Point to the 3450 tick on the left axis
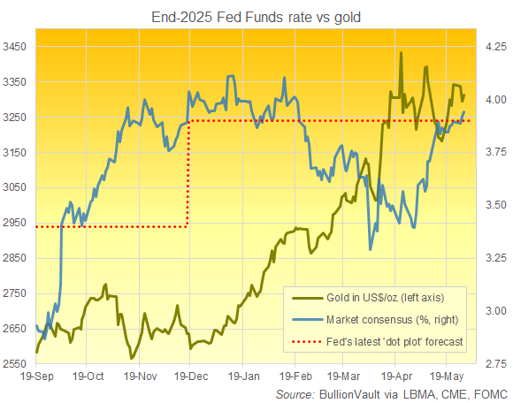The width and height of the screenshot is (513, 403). point(17,46)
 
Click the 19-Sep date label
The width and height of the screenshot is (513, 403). point(36,376)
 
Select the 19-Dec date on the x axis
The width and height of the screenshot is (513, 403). point(189,376)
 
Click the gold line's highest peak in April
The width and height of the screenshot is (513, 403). point(402,53)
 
